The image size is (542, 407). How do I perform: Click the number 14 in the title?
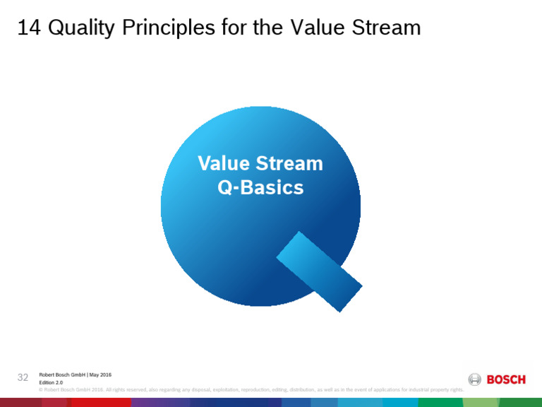(28, 28)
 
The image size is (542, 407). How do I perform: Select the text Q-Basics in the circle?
(260, 188)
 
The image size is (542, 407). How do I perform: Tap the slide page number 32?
(22, 377)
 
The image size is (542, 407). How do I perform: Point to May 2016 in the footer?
(100, 374)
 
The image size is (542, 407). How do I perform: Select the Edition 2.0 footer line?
(51, 382)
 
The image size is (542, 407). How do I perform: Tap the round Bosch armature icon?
(475, 379)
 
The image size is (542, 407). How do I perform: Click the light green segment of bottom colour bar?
(479, 402)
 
